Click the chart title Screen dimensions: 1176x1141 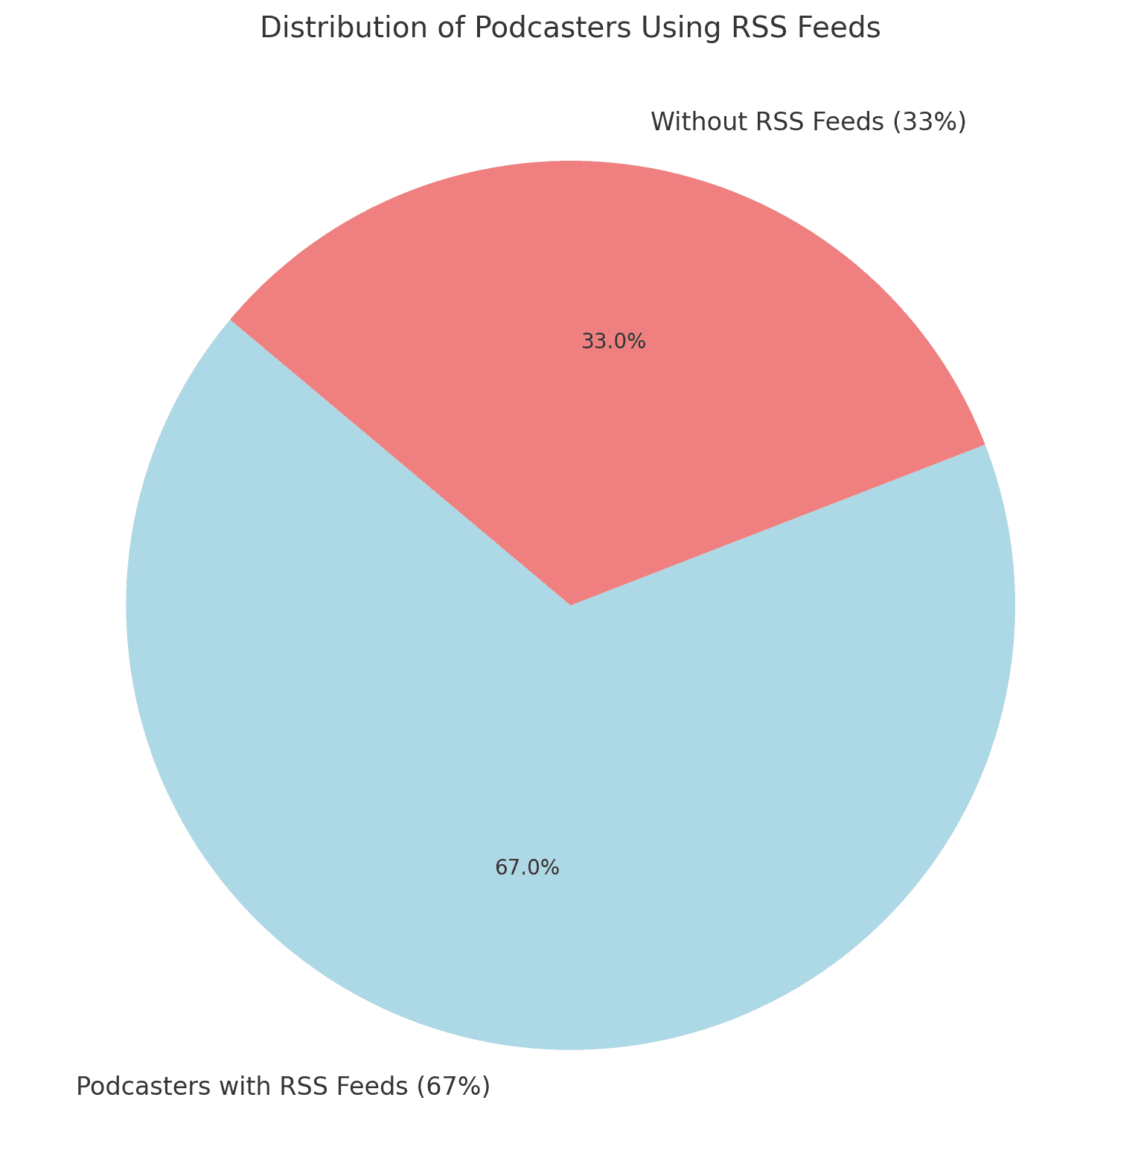pyautogui.click(x=570, y=28)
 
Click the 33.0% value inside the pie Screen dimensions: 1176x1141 pyautogui.click(x=613, y=342)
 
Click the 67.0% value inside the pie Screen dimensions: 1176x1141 pyautogui.click(x=527, y=867)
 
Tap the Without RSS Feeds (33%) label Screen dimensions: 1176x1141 pyautogui.click(x=808, y=121)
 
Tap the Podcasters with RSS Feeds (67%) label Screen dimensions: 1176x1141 pyautogui.click(x=284, y=1086)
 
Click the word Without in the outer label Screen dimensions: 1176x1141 pyautogui.click(x=695, y=121)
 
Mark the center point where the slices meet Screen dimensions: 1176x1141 pyautogui.click(x=570, y=604)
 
